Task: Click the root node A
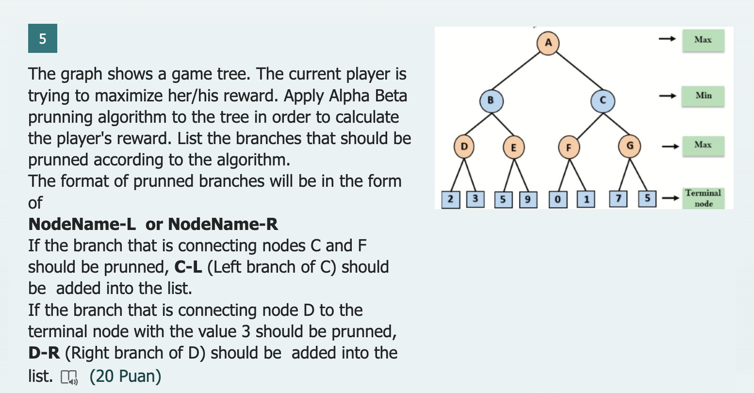click(548, 42)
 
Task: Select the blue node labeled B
click(491, 100)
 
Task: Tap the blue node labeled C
click(603, 100)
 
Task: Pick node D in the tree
click(464, 146)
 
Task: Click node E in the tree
click(513, 147)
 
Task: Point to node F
click(569, 147)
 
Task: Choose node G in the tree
click(630, 145)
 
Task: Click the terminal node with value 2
click(451, 199)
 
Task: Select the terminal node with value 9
click(528, 199)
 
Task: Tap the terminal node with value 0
click(558, 199)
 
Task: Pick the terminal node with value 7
click(618, 198)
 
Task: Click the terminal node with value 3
click(475, 198)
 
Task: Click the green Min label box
click(703, 96)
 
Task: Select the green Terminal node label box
click(703, 198)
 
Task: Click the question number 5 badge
click(43, 38)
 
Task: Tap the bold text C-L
click(188, 267)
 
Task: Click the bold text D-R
click(44, 353)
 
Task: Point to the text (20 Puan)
click(125, 376)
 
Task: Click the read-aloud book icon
click(69, 377)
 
